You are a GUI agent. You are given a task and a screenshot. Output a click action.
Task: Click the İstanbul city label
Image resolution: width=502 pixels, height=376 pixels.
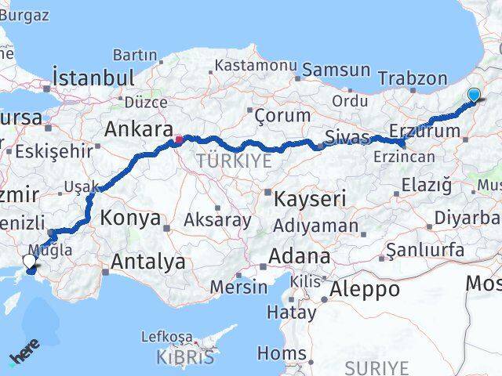click(x=93, y=78)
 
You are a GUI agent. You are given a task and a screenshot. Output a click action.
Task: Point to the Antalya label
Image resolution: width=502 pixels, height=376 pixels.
click(x=148, y=262)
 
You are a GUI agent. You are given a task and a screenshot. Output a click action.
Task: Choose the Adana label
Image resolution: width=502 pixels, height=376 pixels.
click(x=299, y=256)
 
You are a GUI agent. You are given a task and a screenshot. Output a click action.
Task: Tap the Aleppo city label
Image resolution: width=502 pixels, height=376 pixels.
click(x=365, y=288)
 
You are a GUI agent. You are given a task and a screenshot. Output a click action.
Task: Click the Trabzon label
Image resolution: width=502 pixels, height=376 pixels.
click(x=412, y=78)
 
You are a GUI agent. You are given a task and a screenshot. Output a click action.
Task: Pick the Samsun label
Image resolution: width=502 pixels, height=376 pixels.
click(x=336, y=70)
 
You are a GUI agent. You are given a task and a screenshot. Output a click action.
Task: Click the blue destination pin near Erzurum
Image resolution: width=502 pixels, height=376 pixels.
click(x=474, y=96)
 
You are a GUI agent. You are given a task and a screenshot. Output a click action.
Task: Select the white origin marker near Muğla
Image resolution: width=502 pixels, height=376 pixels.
click(x=29, y=261)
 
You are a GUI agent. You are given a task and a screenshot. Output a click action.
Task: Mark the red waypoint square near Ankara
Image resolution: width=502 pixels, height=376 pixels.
click(x=179, y=141)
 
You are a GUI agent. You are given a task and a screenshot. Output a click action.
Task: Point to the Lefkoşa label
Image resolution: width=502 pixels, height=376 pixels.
click(x=166, y=338)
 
